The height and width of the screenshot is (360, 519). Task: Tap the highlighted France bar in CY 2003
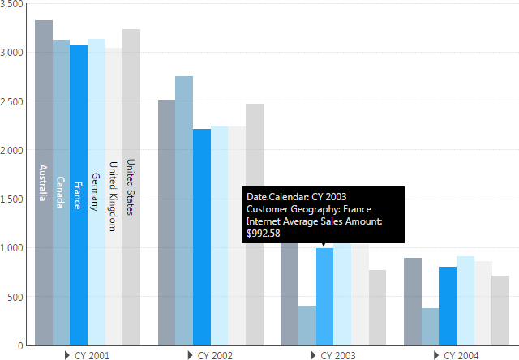[324, 296]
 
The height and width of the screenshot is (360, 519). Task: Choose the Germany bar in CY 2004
[465, 301]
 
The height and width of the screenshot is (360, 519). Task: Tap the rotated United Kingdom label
[114, 196]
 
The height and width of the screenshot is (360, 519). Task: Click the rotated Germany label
[96, 191]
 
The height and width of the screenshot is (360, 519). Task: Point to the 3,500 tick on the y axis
[13, 5]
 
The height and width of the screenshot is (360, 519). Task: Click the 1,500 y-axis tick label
[13, 199]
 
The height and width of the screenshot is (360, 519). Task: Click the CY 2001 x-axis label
[92, 355]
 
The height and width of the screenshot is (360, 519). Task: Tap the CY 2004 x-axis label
[461, 355]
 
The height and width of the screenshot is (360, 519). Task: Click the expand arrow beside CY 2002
[190, 355]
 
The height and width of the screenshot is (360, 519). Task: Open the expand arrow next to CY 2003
[313, 355]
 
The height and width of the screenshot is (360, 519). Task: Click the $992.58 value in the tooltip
[264, 234]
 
